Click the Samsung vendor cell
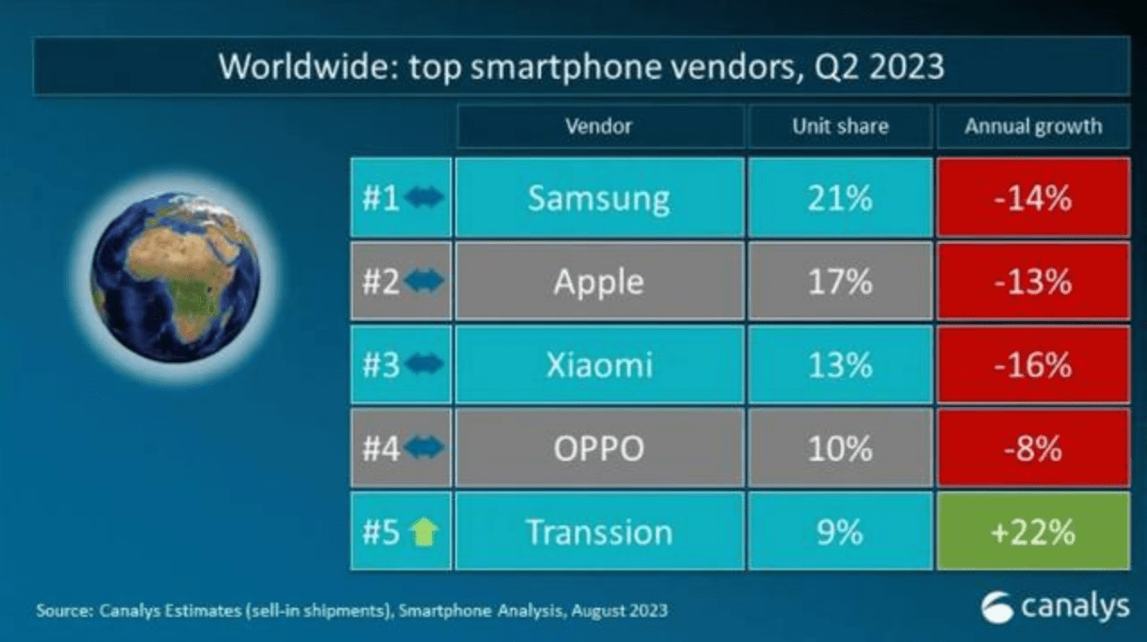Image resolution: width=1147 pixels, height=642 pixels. click(599, 197)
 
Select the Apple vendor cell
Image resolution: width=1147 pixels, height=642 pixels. click(599, 282)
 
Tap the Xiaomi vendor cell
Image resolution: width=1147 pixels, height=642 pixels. click(599, 365)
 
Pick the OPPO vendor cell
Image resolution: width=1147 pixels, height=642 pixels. click(599, 448)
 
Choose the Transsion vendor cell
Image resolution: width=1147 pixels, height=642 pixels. click(599, 532)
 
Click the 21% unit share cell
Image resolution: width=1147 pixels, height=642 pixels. click(840, 197)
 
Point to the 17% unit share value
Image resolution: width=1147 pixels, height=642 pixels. click(840, 282)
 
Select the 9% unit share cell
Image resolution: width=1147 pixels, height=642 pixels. click(840, 532)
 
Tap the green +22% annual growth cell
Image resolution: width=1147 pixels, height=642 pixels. click(1033, 532)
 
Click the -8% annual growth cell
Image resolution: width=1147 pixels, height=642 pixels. click(1033, 448)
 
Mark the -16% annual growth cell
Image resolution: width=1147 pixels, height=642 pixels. click(1033, 365)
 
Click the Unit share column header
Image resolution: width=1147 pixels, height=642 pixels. click(840, 126)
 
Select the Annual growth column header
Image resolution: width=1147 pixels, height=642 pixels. click(1033, 126)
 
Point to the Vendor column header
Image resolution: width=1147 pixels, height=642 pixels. click(599, 126)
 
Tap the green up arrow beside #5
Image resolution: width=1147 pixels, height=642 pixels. click(424, 533)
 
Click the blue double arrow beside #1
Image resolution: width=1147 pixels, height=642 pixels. click(424, 198)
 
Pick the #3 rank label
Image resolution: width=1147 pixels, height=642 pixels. click(381, 366)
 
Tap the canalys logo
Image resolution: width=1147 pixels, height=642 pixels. click(1056, 607)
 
